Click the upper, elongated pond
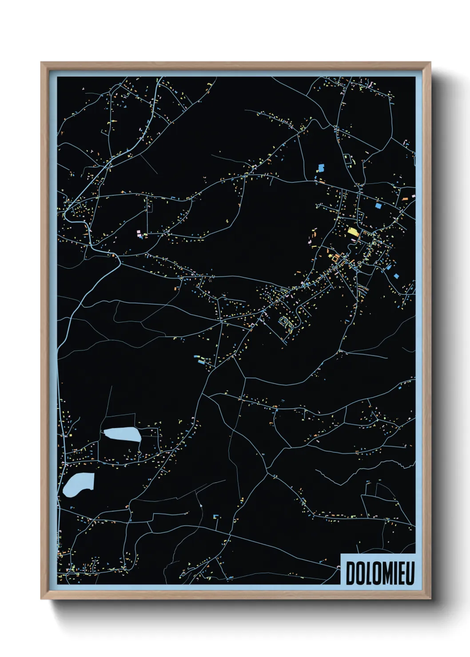coord(122,434)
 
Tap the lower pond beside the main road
coord(79,484)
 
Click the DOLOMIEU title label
coord(379,573)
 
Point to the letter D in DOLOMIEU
coord(350,573)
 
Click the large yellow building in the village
coord(353,231)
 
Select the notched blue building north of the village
coord(321,168)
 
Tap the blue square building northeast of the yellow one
coord(378,206)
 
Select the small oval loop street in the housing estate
coord(283,321)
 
